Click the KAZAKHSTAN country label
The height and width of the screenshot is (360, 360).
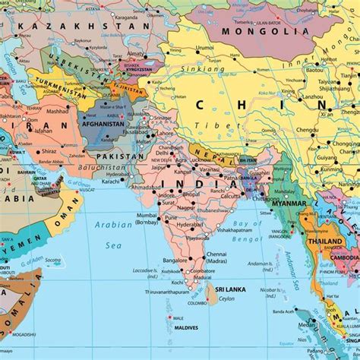84,26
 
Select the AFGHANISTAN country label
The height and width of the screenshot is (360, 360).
103,123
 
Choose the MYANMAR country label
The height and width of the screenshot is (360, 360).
288,204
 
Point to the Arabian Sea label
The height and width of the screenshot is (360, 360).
114,234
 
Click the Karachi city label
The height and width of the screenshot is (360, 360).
112,182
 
